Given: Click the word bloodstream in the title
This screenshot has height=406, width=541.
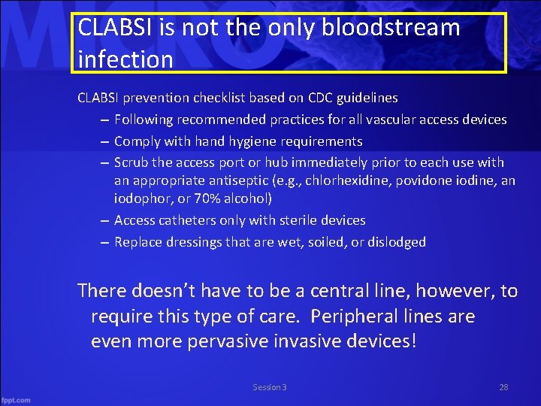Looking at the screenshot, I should (391, 29).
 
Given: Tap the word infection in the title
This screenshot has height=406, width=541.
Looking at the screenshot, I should (125, 59).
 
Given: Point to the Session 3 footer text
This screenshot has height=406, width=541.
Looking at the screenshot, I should (270, 387).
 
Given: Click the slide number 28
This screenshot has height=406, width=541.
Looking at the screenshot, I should (503, 387).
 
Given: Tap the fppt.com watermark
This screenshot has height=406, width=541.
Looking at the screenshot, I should (16, 400).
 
